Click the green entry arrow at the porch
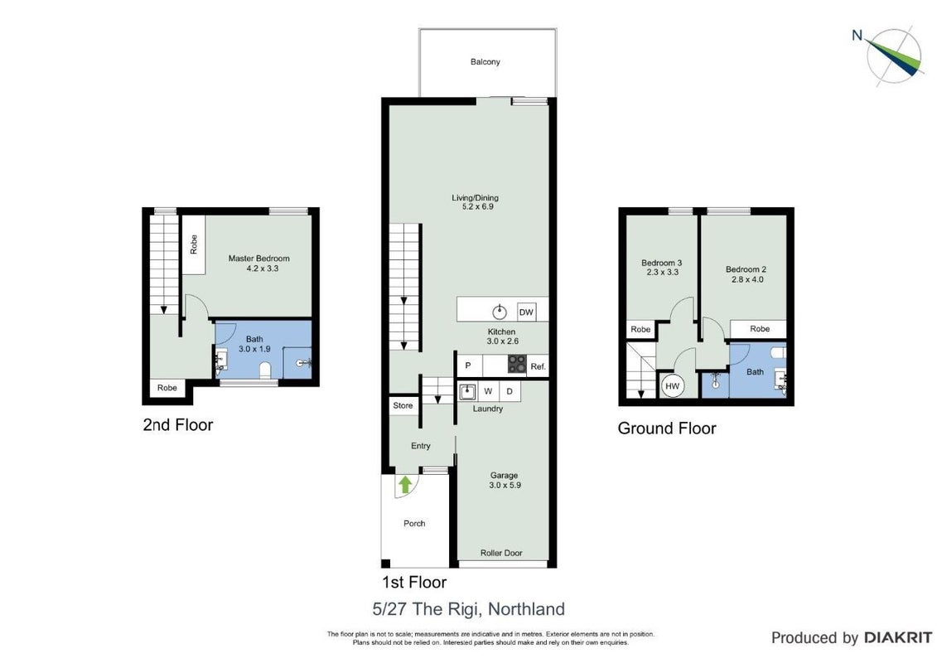[405, 484]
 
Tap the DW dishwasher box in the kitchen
[526, 312]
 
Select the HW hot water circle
[672, 386]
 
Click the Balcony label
[485, 61]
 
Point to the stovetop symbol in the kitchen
[517, 364]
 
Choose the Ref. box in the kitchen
[538, 365]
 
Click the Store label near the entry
[403, 405]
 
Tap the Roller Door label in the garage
[500, 553]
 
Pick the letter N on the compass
[857, 36]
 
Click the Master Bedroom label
[258, 259]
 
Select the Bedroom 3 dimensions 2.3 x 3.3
[662, 272]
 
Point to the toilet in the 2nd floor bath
[266, 370]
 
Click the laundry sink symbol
[467, 392]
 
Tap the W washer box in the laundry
[488, 391]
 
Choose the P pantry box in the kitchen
[469, 365]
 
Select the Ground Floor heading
[667, 428]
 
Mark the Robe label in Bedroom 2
[760, 329]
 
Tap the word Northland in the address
[526, 609]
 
